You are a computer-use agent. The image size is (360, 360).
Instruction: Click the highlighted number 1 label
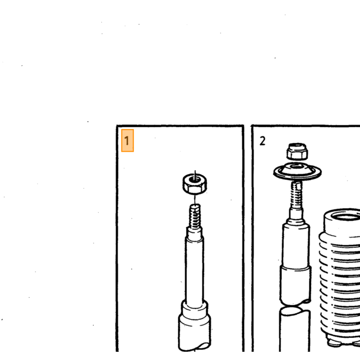click(x=127, y=140)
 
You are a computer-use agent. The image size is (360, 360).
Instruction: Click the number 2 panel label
click(x=262, y=141)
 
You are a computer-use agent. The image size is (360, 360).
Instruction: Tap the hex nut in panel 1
click(x=195, y=184)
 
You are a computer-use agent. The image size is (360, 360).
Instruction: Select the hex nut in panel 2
click(x=297, y=151)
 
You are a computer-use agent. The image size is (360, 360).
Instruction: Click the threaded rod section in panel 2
click(x=296, y=194)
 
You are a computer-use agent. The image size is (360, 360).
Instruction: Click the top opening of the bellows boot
click(x=346, y=217)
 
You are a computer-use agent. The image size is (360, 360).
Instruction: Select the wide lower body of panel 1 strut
click(x=195, y=333)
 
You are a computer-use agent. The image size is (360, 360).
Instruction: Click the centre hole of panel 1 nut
click(x=195, y=179)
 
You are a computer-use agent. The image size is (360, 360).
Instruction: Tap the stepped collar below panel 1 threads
click(x=194, y=233)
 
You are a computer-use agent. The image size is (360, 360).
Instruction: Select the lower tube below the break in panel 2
click(x=295, y=330)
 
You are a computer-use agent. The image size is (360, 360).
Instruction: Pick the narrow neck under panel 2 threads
click(x=296, y=214)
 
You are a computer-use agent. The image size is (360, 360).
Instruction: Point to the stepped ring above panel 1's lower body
click(x=194, y=308)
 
